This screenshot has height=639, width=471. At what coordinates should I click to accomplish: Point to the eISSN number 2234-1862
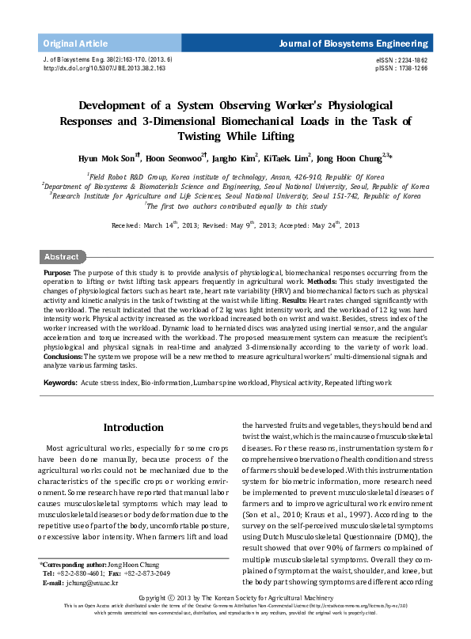(x=411, y=60)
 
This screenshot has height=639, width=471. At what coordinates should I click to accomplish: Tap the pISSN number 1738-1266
(x=411, y=69)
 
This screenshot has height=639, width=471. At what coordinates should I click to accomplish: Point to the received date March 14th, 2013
(x=168, y=225)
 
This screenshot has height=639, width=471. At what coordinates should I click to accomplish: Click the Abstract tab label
(x=61, y=257)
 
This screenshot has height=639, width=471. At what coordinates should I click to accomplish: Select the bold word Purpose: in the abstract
(x=58, y=271)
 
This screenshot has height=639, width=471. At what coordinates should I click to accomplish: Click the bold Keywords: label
(x=60, y=382)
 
